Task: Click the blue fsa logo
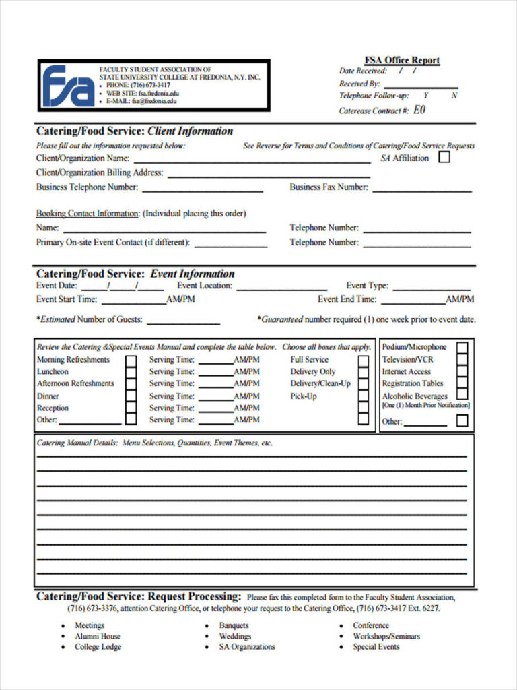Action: [x=68, y=86]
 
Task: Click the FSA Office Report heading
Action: [x=402, y=60]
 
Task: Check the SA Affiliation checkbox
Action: [x=444, y=158]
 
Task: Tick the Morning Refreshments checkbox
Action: [x=131, y=360]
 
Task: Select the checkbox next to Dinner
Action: [x=131, y=396]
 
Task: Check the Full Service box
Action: [x=364, y=360]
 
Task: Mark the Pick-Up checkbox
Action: [x=364, y=396]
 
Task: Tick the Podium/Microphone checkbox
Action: [x=462, y=348]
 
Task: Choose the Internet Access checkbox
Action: [x=462, y=372]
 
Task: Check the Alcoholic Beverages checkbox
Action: [x=462, y=395]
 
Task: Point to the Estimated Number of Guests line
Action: [x=183, y=323]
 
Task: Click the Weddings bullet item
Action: [x=235, y=636]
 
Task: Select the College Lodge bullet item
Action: [x=98, y=647]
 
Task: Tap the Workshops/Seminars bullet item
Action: [x=386, y=636]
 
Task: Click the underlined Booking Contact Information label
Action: [x=88, y=214]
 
